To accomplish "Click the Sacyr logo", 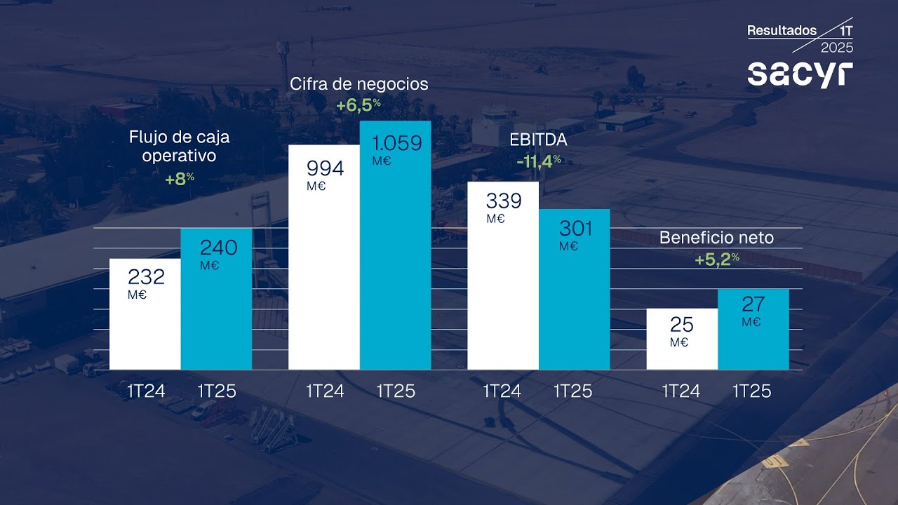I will pos(800,74).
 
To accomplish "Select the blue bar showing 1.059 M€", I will pos(395,245).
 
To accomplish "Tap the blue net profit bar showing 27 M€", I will pos(753,329).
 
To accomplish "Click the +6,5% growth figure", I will pos(358,105).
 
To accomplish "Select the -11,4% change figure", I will pos(538,162).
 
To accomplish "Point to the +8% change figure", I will pos(179,179).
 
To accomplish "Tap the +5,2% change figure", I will pos(716,260).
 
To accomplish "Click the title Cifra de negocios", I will pos(358,84).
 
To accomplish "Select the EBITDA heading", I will pos(538,140).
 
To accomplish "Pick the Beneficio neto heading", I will pos(716,238).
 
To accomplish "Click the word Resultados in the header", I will pos(782,31).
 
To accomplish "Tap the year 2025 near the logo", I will pos(836,48).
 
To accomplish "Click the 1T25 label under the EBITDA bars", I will pos(573,391).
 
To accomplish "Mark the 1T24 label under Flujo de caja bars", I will pos(146,391).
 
